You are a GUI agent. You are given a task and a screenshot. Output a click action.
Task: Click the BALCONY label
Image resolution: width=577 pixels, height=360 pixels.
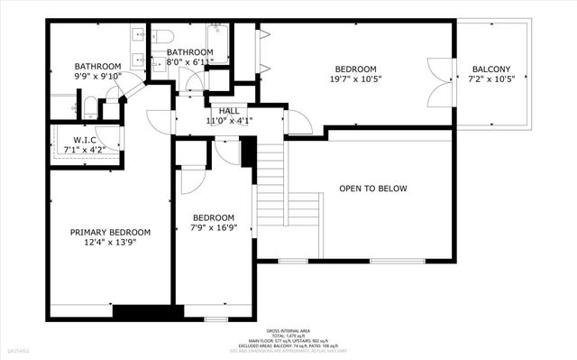click(x=490, y=69)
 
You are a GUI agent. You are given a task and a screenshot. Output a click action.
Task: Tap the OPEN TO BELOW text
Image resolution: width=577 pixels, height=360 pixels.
click(x=372, y=189)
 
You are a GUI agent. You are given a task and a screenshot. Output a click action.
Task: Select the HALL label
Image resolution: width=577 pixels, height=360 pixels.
click(x=229, y=110)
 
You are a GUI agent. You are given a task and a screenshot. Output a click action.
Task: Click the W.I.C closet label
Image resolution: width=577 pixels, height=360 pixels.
click(x=78, y=139)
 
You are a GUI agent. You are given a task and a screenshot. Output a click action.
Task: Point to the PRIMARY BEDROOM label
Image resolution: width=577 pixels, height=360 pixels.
click(x=110, y=232)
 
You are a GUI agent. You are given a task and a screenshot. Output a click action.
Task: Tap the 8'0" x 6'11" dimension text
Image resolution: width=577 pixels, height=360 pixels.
click(x=189, y=62)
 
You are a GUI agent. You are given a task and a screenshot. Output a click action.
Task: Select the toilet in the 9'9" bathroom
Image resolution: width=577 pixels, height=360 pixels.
click(x=91, y=108)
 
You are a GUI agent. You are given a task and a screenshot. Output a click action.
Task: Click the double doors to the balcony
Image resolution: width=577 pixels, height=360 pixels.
click(x=438, y=78)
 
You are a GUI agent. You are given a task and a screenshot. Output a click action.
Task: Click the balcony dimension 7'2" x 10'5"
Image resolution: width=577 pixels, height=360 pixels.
click(x=490, y=78)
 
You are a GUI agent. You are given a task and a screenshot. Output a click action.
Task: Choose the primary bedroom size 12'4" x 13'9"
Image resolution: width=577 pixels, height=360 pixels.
click(x=110, y=242)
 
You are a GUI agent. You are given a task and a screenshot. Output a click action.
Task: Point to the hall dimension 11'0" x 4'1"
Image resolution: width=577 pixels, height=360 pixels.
click(x=229, y=120)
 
